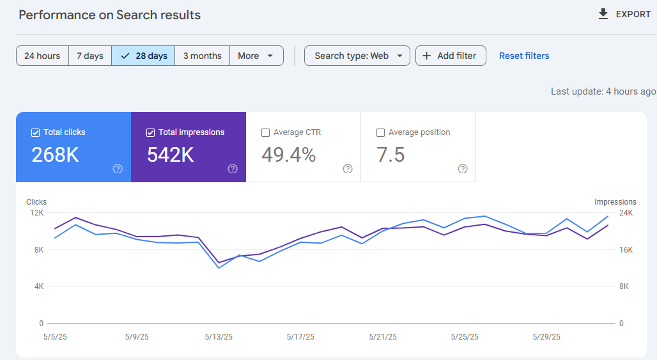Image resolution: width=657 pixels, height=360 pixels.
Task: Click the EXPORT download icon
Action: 603,14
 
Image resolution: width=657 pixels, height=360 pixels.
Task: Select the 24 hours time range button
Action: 42,56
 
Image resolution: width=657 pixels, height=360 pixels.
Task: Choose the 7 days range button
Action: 90,56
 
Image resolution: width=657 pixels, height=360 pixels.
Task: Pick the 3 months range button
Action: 202,56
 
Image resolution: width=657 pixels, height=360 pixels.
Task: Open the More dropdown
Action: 256,56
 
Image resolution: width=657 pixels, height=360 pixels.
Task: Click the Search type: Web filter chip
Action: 357,56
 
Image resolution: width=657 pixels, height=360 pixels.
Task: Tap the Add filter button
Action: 450,56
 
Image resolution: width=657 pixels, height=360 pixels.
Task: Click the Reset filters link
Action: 524,56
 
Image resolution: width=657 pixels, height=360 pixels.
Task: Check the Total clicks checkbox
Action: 36,132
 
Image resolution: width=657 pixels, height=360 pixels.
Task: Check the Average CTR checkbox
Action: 266,132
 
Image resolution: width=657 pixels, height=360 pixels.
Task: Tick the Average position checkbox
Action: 381,132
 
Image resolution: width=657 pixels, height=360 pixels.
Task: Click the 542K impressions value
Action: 171,155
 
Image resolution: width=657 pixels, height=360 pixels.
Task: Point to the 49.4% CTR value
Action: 289,155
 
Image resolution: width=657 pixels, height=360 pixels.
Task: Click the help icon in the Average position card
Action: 463,169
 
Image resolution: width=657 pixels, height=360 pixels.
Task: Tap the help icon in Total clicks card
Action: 118,169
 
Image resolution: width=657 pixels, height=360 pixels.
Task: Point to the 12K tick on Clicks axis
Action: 37,212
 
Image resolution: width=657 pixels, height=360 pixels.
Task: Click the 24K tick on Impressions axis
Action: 626,213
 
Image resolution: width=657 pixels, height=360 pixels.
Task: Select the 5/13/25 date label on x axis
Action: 219,336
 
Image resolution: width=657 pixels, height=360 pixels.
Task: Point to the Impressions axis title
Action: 615,202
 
